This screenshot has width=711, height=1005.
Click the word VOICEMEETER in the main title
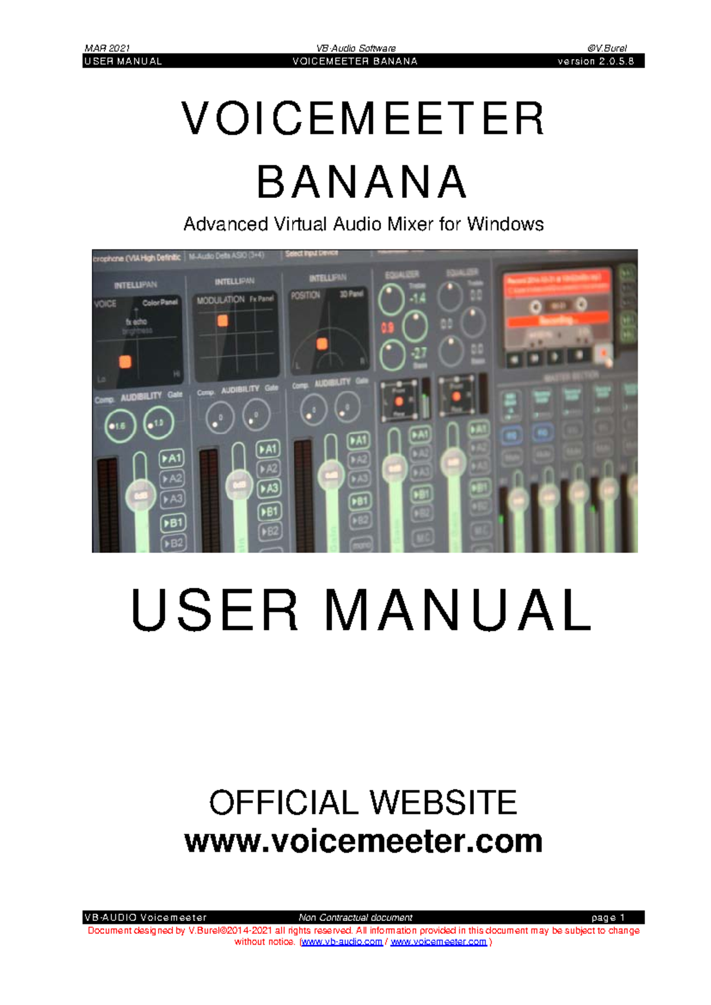363,119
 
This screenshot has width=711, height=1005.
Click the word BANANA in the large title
362,183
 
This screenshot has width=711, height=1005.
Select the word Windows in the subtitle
505,224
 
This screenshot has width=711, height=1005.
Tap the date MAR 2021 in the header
107,48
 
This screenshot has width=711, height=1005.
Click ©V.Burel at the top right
607,48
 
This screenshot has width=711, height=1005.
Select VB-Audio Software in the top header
355,48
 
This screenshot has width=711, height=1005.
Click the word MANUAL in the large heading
458,610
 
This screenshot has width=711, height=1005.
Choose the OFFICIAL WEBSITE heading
363,802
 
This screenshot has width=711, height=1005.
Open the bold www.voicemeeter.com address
363,841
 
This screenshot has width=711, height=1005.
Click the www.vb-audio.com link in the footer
342,942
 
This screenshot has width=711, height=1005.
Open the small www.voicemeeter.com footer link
438,942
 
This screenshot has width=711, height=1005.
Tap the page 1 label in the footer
608,917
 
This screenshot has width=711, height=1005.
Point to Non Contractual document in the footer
355,917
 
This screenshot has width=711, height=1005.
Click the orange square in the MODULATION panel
223,321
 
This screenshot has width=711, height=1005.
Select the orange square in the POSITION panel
322,344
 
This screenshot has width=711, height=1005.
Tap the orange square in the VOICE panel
125,361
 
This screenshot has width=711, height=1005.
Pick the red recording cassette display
556,308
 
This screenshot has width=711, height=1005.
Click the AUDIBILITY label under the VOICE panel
141,396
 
